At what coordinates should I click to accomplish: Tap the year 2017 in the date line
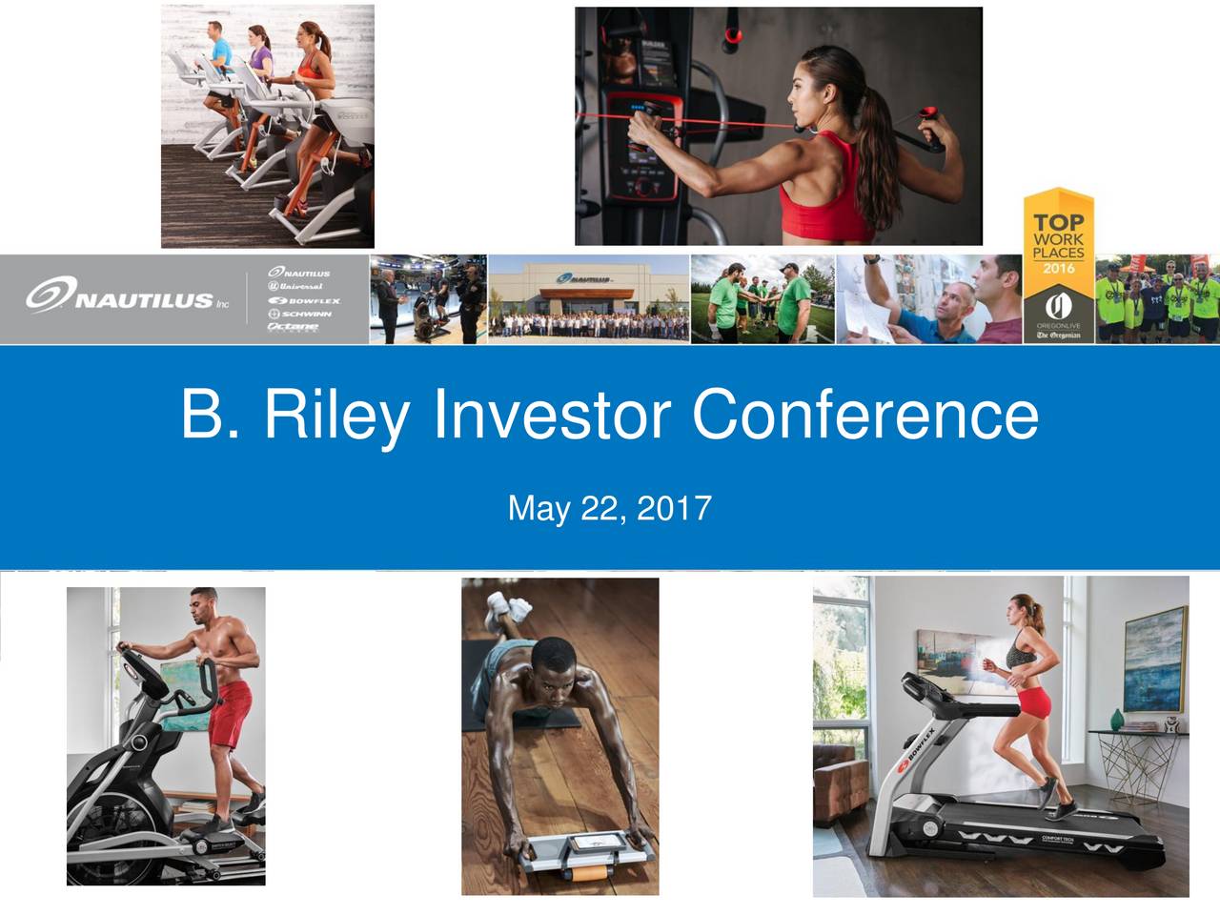(673, 508)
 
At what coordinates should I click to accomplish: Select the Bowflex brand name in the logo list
(305, 300)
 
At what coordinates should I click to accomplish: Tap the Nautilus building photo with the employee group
(588, 298)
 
